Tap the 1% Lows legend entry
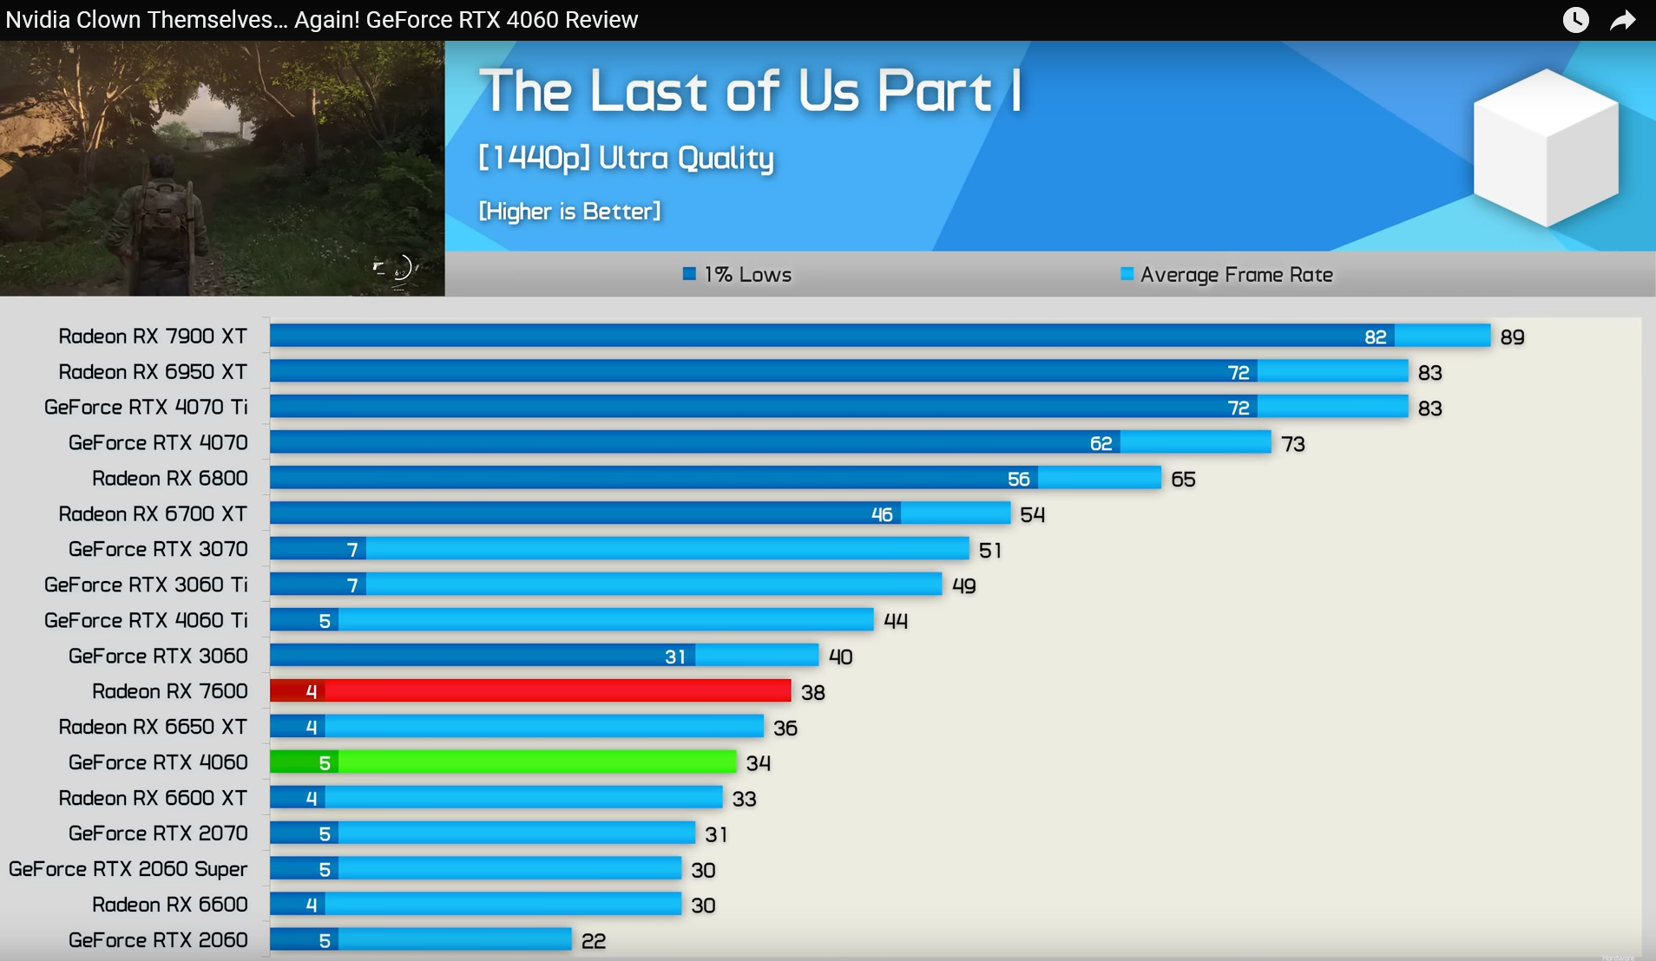738,275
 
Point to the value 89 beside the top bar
1512,337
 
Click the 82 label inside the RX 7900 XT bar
1375,337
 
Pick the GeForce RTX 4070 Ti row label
146,408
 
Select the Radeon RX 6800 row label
169,479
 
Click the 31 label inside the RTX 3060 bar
675,657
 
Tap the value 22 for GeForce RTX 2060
594,941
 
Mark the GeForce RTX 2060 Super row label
128,869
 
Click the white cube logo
1545,147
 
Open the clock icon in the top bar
1575,20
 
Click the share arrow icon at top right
1622,20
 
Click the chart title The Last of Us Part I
750,91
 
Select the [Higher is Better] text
569,212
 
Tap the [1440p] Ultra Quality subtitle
626,159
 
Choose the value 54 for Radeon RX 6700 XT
1032,515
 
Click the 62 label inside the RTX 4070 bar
1101,444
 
